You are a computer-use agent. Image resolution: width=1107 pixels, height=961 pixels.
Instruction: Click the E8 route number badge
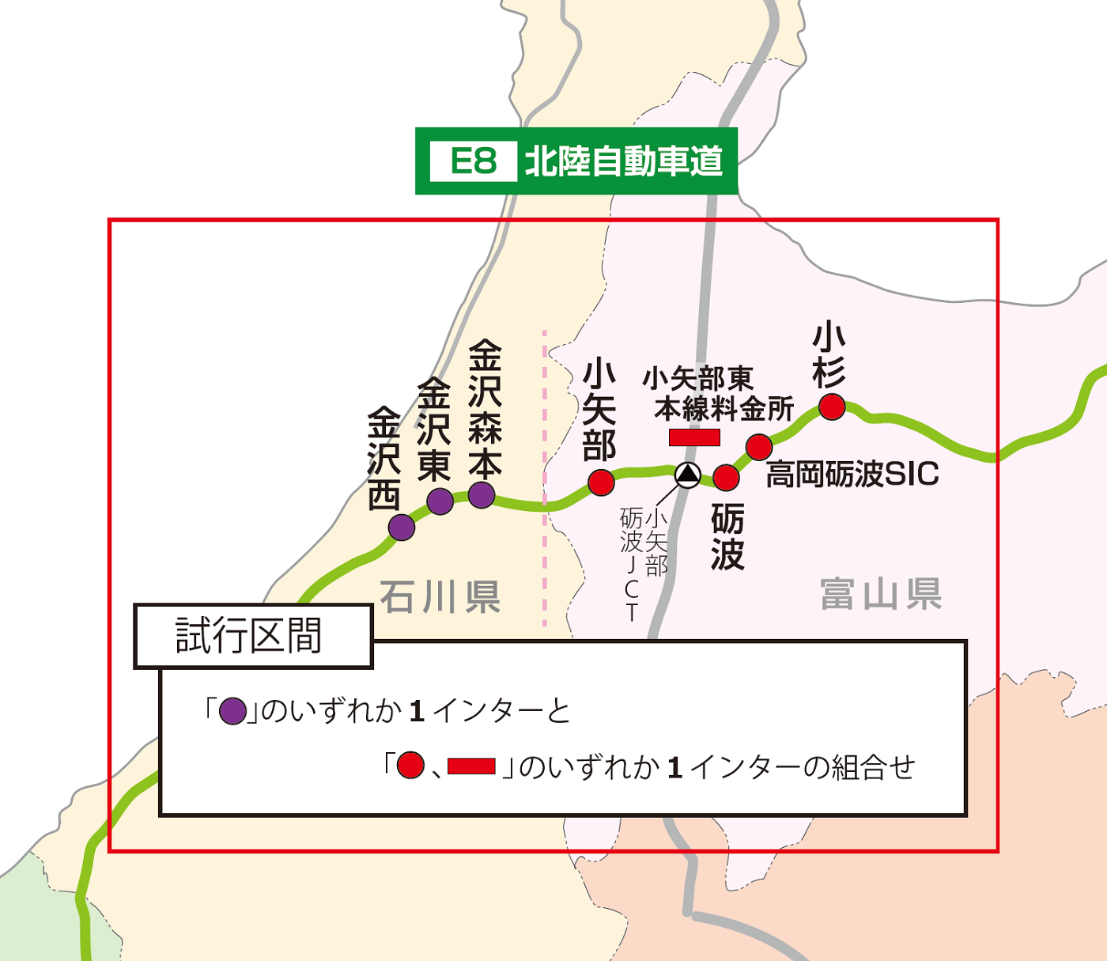point(473,161)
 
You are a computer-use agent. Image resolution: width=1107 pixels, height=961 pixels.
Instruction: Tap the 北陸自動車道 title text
point(624,161)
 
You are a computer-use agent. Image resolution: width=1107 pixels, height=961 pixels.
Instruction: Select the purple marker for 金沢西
point(402,527)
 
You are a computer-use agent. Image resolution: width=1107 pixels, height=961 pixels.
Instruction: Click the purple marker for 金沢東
point(440,501)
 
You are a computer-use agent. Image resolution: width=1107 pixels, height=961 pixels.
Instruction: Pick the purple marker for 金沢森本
point(482,495)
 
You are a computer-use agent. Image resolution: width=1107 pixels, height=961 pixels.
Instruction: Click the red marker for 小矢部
point(601,482)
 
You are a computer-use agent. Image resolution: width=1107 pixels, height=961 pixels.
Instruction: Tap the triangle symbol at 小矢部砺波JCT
point(688,475)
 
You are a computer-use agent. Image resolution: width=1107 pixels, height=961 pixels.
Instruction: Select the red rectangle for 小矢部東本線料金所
point(694,437)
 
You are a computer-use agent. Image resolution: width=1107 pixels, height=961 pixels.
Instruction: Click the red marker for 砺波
point(726,477)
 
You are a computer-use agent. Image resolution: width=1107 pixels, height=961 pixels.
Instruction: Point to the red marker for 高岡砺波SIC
point(759,447)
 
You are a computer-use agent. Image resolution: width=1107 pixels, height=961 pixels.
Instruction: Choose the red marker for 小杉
point(832,407)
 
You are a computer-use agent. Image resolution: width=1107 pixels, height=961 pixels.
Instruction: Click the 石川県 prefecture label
point(440,596)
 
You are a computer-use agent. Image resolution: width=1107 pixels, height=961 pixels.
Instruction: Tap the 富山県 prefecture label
point(881,594)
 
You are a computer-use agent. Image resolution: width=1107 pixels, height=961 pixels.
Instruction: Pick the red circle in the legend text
point(410,765)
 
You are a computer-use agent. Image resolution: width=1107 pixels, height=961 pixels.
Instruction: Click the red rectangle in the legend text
point(471,766)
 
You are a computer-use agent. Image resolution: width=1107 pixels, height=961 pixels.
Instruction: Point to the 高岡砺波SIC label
point(852,475)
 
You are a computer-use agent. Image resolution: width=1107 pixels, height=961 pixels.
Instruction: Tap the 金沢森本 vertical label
point(485,409)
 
